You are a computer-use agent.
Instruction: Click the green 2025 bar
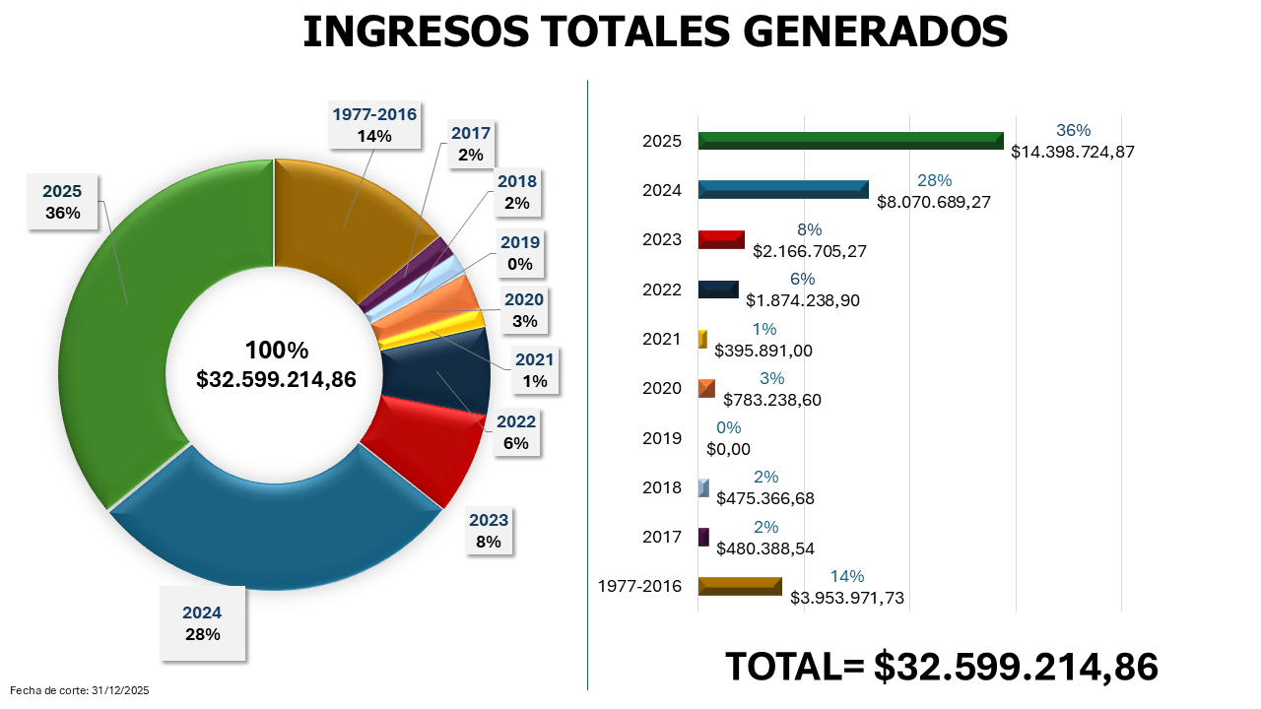[x=849, y=141]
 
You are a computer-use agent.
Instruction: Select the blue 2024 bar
[x=782, y=190]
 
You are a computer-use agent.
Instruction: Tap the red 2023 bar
[x=720, y=239]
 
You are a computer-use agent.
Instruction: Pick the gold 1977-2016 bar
[x=739, y=586]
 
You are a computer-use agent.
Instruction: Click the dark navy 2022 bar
[x=717, y=289]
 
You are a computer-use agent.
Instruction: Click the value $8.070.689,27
[x=933, y=201]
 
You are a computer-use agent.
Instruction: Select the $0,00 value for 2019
[x=729, y=449]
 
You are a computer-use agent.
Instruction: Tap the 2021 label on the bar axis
[x=661, y=339]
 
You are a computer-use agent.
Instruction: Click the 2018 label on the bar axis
[x=661, y=487]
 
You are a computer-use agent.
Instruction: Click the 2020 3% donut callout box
[x=523, y=310]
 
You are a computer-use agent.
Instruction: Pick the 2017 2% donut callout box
[x=470, y=144]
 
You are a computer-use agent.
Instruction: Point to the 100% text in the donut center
[x=276, y=351]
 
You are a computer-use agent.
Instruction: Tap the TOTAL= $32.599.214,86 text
[x=941, y=667]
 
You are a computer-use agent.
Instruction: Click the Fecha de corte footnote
[x=79, y=691]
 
